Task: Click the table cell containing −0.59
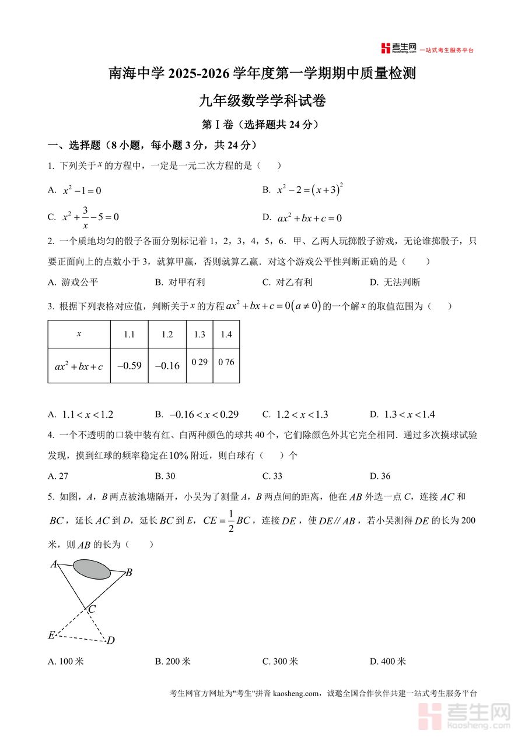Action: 129,366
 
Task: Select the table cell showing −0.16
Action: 167,366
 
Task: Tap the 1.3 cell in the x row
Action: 199,334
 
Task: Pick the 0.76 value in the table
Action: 226,362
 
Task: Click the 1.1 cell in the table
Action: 129,334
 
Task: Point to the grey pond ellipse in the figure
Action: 92,569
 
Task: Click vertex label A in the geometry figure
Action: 53,564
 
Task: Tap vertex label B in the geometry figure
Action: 129,573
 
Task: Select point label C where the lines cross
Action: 92,609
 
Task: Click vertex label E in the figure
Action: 51,635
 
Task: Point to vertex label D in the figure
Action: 110,641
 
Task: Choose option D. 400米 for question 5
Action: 388,661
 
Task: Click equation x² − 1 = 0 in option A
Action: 82,190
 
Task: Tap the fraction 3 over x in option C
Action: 85,217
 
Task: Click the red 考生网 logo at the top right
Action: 399,49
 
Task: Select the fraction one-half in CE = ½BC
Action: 230,521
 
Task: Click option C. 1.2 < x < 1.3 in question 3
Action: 296,415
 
